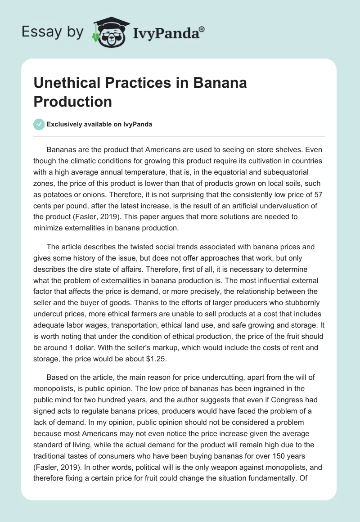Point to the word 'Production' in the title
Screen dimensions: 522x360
tap(72, 101)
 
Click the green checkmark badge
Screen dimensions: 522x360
tap(39, 124)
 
